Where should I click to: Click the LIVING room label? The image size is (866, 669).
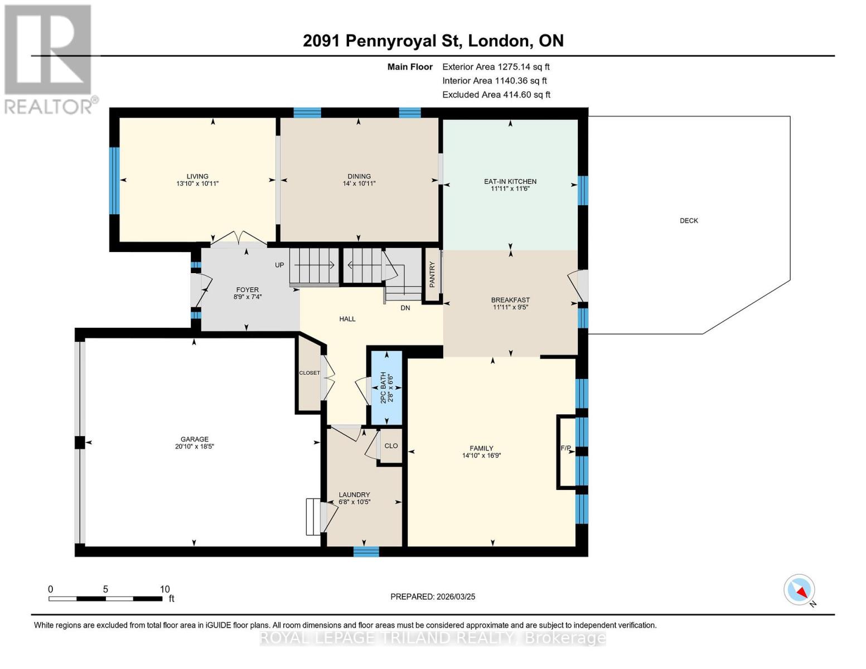tap(197, 176)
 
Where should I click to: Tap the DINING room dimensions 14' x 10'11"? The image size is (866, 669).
tap(359, 183)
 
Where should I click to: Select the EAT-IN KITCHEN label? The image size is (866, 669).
tap(510, 181)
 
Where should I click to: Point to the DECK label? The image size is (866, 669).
tap(689, 221)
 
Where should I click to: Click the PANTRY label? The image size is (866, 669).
tap(432, 274)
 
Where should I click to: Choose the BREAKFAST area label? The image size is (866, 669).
tap(510, 300)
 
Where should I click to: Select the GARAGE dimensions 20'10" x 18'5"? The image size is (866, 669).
tap(194, 447)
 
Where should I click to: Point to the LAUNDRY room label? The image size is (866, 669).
tap(354, 495)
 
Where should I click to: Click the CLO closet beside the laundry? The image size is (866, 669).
tap(391, 445)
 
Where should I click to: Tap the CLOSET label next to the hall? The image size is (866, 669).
tap(309, 373)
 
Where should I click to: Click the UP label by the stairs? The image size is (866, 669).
tap(279, 265)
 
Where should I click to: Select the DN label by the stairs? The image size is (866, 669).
tap(405, 308)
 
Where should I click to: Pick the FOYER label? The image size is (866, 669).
tap(247, 290)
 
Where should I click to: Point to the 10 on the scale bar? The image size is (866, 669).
tap(165, 589)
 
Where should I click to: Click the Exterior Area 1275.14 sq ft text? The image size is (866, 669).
tap(496, 67)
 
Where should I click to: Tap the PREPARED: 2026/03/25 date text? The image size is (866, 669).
tap(433, 597)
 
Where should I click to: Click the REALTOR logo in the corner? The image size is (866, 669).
tap(49, 59)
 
